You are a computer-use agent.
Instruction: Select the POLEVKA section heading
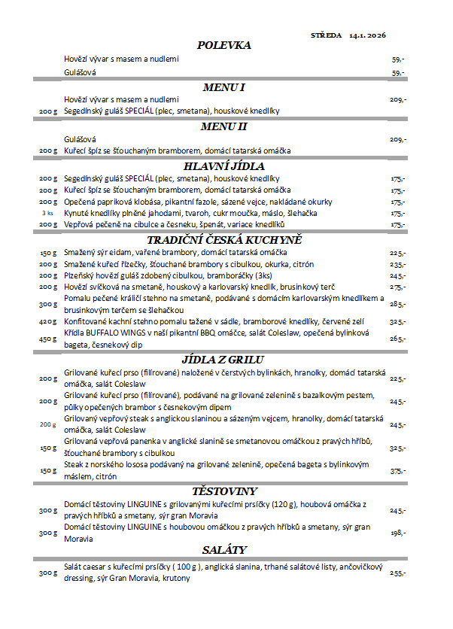pyautogui.click(x=223, y=46)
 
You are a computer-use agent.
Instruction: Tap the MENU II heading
pyautogui.click(x=223, y=126)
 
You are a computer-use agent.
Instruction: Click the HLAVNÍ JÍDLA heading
pyautogui.click(x=223, y=166)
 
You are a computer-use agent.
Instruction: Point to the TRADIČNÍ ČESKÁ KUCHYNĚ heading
pyautogui.click(x=223, y=239)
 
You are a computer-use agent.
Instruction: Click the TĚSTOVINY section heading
pyautogui.click(x=223, y=491)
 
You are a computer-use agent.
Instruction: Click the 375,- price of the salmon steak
pyautogui.click(x=397, y=471)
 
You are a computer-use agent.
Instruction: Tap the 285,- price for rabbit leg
pyautogui.click(x=397, y=304)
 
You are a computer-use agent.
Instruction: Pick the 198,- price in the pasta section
pyautogui.click(x=397, y=533)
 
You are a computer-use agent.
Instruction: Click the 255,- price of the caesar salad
pyautogui.click(x=397, y=573)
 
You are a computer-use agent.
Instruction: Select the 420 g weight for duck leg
pyautogui.click(x=48, y=321)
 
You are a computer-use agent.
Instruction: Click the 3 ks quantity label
pyautogui.click(x=48, y=213)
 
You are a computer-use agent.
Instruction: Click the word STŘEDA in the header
pyautogui.click(x=326, y=35)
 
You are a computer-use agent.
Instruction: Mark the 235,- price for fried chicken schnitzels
pyautogui.click(x=397, y=265)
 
